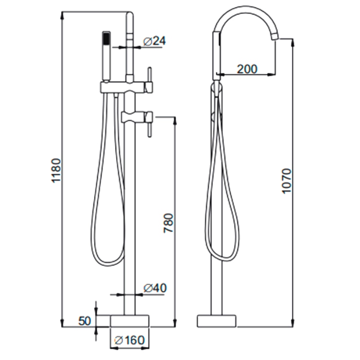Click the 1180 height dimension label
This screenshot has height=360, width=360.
[x=56, y=171]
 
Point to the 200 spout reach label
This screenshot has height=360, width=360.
[x=247, y=69]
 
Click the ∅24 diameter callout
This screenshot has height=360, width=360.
[x=154, y=41]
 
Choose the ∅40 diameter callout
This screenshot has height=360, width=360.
[x=155, y=288]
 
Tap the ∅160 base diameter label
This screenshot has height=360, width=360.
[x=130, y=340]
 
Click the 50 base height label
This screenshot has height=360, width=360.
[x=85, y=321]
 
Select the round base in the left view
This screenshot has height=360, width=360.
[x=130, y=321]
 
